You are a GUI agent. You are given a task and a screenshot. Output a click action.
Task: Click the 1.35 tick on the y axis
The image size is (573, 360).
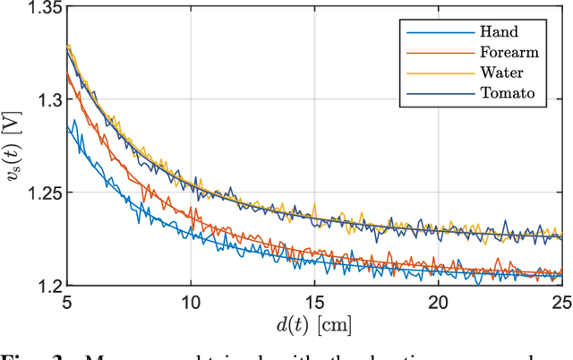[44, 8]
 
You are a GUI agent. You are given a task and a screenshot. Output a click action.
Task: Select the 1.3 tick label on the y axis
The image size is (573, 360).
[47, 100]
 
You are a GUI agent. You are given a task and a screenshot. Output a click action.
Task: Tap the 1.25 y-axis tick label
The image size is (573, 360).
[44, 193]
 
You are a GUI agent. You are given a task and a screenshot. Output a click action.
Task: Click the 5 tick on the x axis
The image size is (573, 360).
[68, 304]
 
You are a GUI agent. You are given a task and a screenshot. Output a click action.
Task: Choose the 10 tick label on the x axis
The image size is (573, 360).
[191, 304]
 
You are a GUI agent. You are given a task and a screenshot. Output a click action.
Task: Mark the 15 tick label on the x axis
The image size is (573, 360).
[314, 304]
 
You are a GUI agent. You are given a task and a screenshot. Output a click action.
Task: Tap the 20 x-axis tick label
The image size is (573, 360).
[438, 304]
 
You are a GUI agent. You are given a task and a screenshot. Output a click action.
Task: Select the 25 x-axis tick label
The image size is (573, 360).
[560, 304]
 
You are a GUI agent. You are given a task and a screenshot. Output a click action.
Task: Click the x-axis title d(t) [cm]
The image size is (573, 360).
[314, 325]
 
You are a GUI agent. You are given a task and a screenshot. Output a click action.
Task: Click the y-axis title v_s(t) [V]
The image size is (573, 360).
[14, 148]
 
